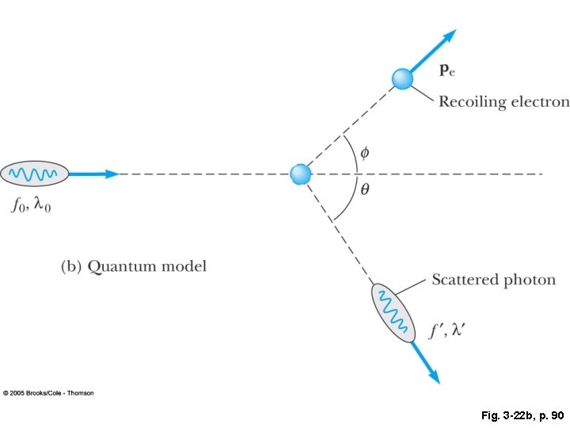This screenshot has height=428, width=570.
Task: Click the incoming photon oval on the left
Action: tap(34, 173)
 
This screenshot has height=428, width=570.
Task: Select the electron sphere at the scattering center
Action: tap(299, 174)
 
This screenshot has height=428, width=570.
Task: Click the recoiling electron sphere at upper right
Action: tap(402, 78)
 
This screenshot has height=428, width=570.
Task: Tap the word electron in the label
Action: tap(541, 101)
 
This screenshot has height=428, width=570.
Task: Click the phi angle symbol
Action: tap(364, 151)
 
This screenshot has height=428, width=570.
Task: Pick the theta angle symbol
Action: tap(364, 190)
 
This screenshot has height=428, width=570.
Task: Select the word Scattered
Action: tap(464, 280)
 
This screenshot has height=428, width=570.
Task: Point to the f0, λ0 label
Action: tap(32, 206)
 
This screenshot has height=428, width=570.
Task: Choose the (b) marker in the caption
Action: tap(71, 266)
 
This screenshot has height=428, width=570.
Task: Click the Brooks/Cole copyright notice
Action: tap(48, 393)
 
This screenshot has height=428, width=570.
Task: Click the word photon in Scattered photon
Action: tap(530, 280)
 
